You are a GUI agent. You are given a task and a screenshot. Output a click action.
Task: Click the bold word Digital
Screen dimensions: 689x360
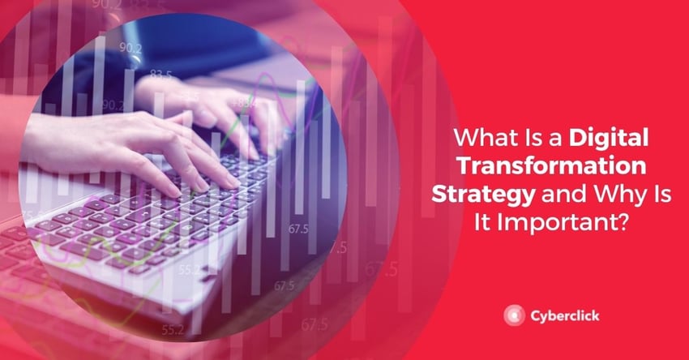pyautogui.click(x=609, y=139)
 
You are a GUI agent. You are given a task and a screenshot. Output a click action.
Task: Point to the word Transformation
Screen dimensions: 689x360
pyautogui.click(x=552, y=166)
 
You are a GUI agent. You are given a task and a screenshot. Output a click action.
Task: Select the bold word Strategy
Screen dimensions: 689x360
pyautogui.click(x=483, y=195)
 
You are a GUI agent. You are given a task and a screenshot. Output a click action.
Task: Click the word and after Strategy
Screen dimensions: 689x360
pyautogui.click(x=563, y=195)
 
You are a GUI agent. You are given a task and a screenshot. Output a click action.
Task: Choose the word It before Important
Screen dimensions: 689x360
pyautogui.click(x=482, y=223)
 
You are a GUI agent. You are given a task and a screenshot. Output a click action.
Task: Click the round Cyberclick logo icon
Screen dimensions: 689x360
pyautogui.click(x=514, y=315)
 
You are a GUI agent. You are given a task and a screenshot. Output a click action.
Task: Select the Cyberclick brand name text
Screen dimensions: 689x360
pyautogui.click(x=565, y=316)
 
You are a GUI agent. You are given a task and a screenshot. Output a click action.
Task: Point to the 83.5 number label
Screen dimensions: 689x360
pyautogui.click(x=160, y=75)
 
